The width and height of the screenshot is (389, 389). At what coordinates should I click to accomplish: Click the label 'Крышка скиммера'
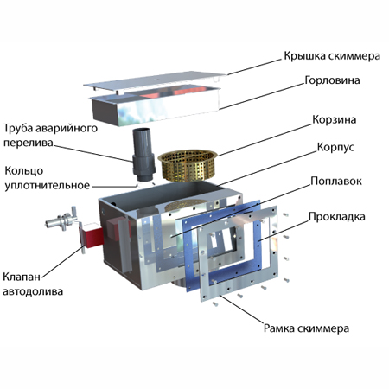coord(332,56)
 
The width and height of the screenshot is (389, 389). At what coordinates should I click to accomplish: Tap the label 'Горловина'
coord(332,80)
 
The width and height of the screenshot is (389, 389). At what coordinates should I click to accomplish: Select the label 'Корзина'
coord(335,119)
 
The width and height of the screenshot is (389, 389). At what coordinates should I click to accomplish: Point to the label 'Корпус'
coord(335,147)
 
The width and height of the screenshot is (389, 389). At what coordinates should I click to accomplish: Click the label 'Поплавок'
coord(336,182)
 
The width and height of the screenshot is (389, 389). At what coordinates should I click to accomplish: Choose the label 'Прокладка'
coord(336,217)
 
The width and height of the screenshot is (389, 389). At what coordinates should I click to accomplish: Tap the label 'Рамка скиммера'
coord(306,328)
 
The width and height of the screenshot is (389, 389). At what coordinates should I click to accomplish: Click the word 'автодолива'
coord(33,291)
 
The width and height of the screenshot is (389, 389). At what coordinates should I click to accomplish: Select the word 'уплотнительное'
coord(48,186)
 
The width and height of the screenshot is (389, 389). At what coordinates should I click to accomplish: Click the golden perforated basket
coord(188,165)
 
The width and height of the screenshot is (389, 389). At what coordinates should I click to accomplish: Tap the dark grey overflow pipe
coord(143,155)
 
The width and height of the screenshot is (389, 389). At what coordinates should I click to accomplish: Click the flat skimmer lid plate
coord(155,81)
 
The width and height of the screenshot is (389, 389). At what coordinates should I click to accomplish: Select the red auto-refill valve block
coord(92,237)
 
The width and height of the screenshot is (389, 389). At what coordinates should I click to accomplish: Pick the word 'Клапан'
coord(22,277)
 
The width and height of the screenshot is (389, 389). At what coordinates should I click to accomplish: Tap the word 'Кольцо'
coord(24,171)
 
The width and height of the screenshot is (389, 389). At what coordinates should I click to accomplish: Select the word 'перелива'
coord(29,143)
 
